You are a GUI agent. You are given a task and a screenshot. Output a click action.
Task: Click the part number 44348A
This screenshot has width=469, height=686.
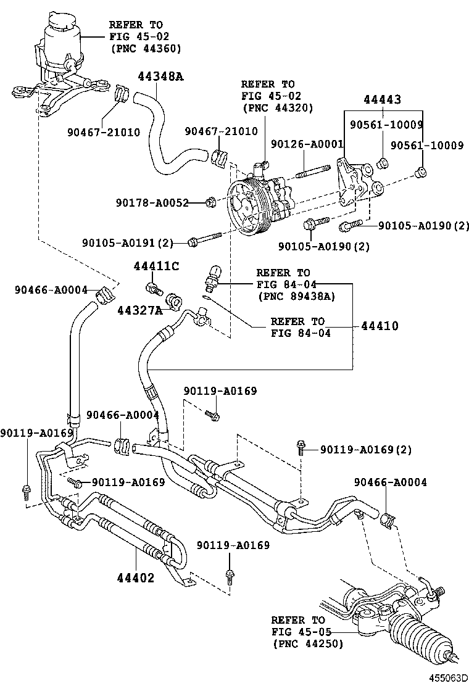160,77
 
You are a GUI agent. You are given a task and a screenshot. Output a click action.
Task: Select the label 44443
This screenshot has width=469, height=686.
382,99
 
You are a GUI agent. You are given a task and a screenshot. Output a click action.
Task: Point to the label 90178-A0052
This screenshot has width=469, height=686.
152,202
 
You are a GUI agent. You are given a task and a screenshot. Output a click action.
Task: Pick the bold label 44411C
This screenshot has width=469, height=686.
157,266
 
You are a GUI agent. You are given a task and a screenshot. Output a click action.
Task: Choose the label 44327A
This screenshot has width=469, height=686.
140,310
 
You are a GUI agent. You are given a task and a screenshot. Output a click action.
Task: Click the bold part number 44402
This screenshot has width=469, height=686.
135,578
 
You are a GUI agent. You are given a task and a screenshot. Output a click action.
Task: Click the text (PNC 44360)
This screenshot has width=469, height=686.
146,48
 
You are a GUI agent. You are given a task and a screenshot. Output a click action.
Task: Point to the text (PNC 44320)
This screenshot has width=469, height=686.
278,107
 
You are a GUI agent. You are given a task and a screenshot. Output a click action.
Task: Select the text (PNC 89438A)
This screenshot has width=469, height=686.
296,296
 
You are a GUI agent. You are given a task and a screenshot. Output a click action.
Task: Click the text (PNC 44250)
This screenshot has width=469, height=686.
307,643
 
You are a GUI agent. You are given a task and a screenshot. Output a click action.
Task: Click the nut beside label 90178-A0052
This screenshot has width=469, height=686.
210,202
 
